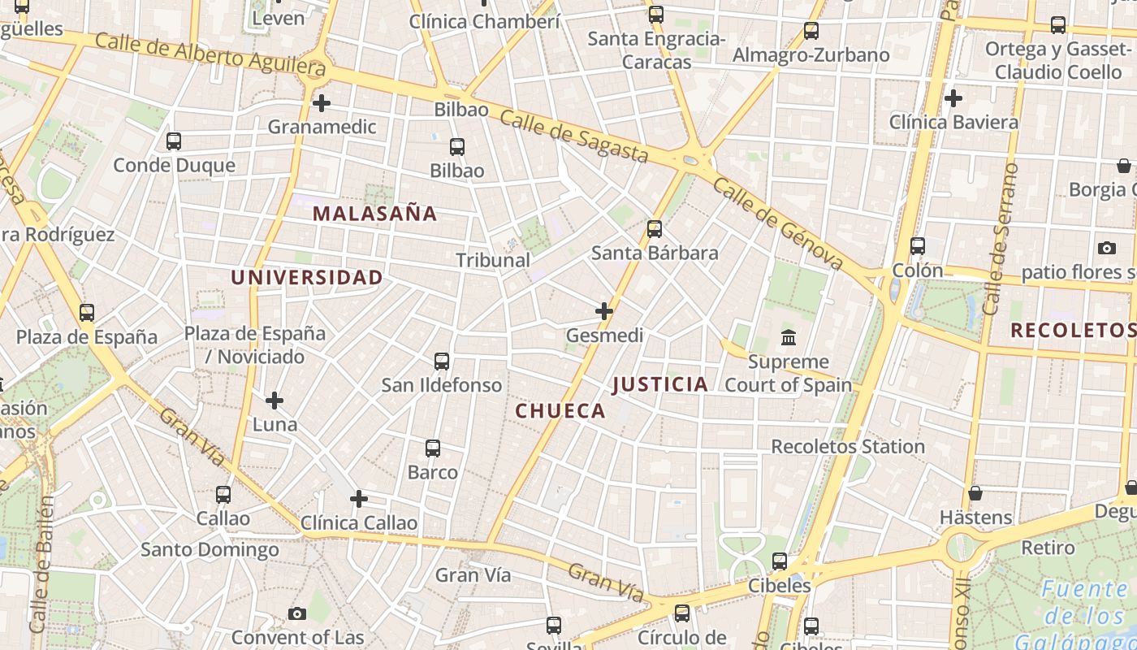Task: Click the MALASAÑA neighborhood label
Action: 375,214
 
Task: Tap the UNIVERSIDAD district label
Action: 307,277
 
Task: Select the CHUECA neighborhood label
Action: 560,410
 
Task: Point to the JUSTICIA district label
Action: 660,383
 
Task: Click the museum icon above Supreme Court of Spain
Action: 788,337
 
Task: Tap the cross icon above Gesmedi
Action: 604,310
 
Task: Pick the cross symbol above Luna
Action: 275,400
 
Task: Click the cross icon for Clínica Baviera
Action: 953,98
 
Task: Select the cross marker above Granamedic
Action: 322,103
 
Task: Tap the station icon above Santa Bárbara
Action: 655,229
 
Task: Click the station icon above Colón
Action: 918,246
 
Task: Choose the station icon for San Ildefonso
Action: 442,361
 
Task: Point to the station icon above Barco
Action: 433,448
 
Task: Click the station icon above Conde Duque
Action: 174,141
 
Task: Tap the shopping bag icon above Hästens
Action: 975,493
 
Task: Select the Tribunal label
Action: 493,260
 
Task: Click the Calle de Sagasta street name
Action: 573,136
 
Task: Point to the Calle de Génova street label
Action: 778,223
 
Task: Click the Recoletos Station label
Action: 848,446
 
